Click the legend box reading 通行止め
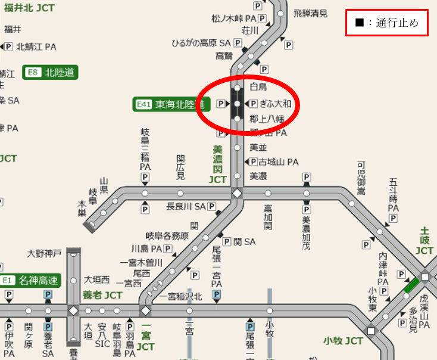pyautogui.click(x=387, y=23)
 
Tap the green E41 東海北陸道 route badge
pyautogui.click(x=171, y=105)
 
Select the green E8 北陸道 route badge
pyautogui.click(x=51, y=73)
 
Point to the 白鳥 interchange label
pyautogui.click(x=259, y=87)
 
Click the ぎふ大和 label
pyautogui.click(x=276, y=104)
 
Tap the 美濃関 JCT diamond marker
pyautogui.click(x=237, y=193)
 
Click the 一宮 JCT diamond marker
pyautogui.click(x=145, y=311)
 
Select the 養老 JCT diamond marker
pyautogui.click(x=73, y=311)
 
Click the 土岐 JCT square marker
pyautogui.click(x=425, y=277)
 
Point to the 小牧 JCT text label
pyautogui.click(x=344, y=341)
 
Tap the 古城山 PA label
pyautogui.click(x=277, y=162)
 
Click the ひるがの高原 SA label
pyautogui.click(x=201, y=43)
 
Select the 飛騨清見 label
pyautogui.click(x=310, y=13)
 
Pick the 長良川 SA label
pyautogui.click(x=186, y=206)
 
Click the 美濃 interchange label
pyautogui.click(x=258, y=176)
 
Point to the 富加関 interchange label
pyautogui.click(x=268, y=218)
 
